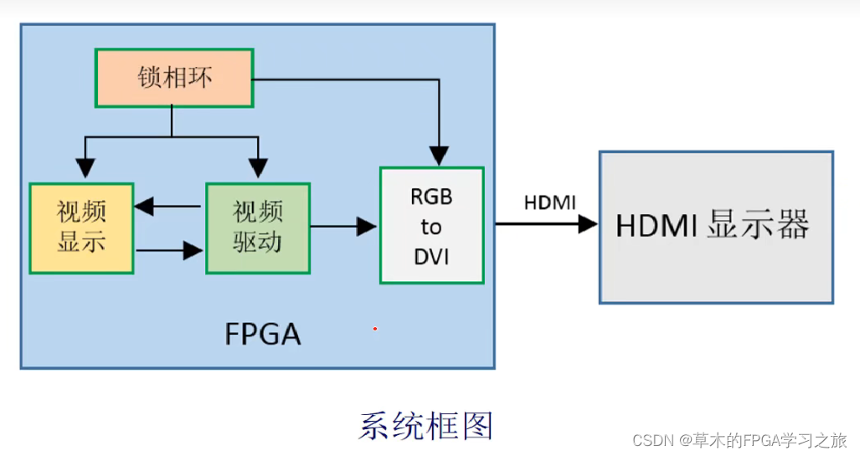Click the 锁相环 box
tap(174, 78)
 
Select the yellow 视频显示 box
tap(82, 228)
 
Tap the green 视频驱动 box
tap(258, 228)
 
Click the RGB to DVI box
tap(431, 225)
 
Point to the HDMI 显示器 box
tap(716, 227)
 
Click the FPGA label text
tap(263, 334)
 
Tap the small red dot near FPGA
tap(375, 329)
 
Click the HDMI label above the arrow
tap(549, 202)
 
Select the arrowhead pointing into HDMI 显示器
tap(588, 223)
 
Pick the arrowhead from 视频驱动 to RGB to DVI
tap(367, 227)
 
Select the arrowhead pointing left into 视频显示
tap(144, 206)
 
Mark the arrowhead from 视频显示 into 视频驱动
tap(193, 250)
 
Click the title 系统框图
tap(426, 426)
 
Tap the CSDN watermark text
tap(740, 440)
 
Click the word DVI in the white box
tap(431, 257)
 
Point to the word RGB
tap(431, 197)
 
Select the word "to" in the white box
tap(431, 227)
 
